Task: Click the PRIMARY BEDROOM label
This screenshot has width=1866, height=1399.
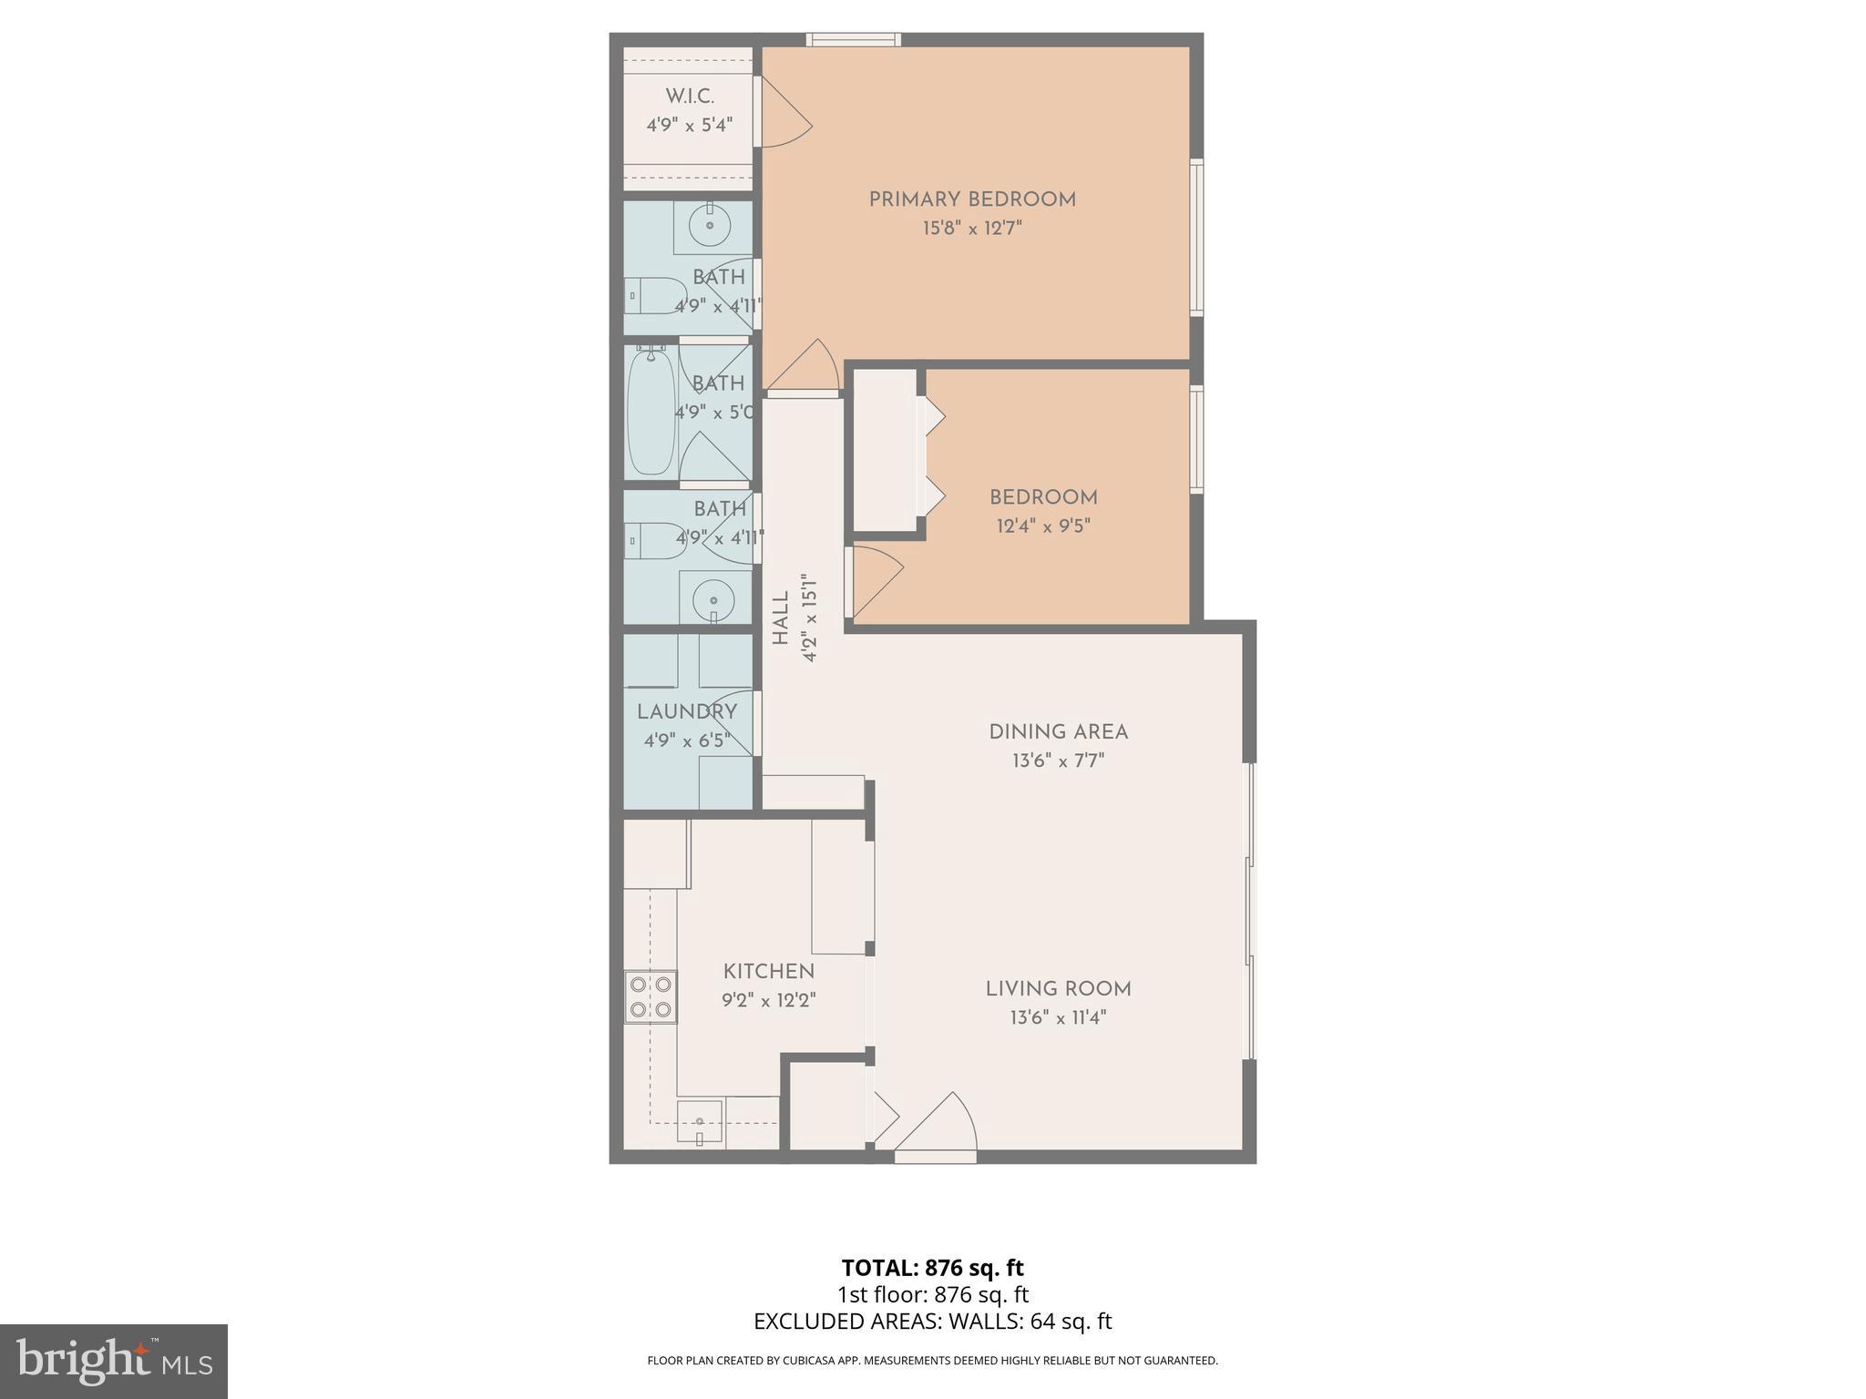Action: coord(972,199)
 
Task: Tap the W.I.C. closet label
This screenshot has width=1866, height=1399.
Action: coord(690,97)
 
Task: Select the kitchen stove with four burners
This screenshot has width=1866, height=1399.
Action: coord(651,996)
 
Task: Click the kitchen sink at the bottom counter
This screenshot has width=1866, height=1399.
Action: coord(700,1124)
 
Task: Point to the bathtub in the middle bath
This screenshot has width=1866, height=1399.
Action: coord(651,412)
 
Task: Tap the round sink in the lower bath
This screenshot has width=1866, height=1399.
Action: coord(713,600)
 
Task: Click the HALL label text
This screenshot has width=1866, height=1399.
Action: coord(781,618)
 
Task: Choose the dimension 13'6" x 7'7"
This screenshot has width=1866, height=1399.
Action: coord(1058,761)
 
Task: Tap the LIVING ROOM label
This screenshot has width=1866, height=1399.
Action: coord(1058,989)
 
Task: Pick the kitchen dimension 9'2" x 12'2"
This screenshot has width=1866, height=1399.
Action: coord(768,1000)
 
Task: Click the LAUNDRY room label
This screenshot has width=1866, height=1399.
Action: coord(687,712)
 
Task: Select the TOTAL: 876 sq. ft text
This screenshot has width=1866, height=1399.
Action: coord(932,1268)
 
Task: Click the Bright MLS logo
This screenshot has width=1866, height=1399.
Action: coord(114,1361)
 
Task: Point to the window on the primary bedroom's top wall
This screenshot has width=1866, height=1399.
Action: coord(854,39)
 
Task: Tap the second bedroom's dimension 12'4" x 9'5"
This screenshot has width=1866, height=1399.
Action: coord(1043,526)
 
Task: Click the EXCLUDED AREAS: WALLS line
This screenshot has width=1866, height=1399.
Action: coord(932,1322)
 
